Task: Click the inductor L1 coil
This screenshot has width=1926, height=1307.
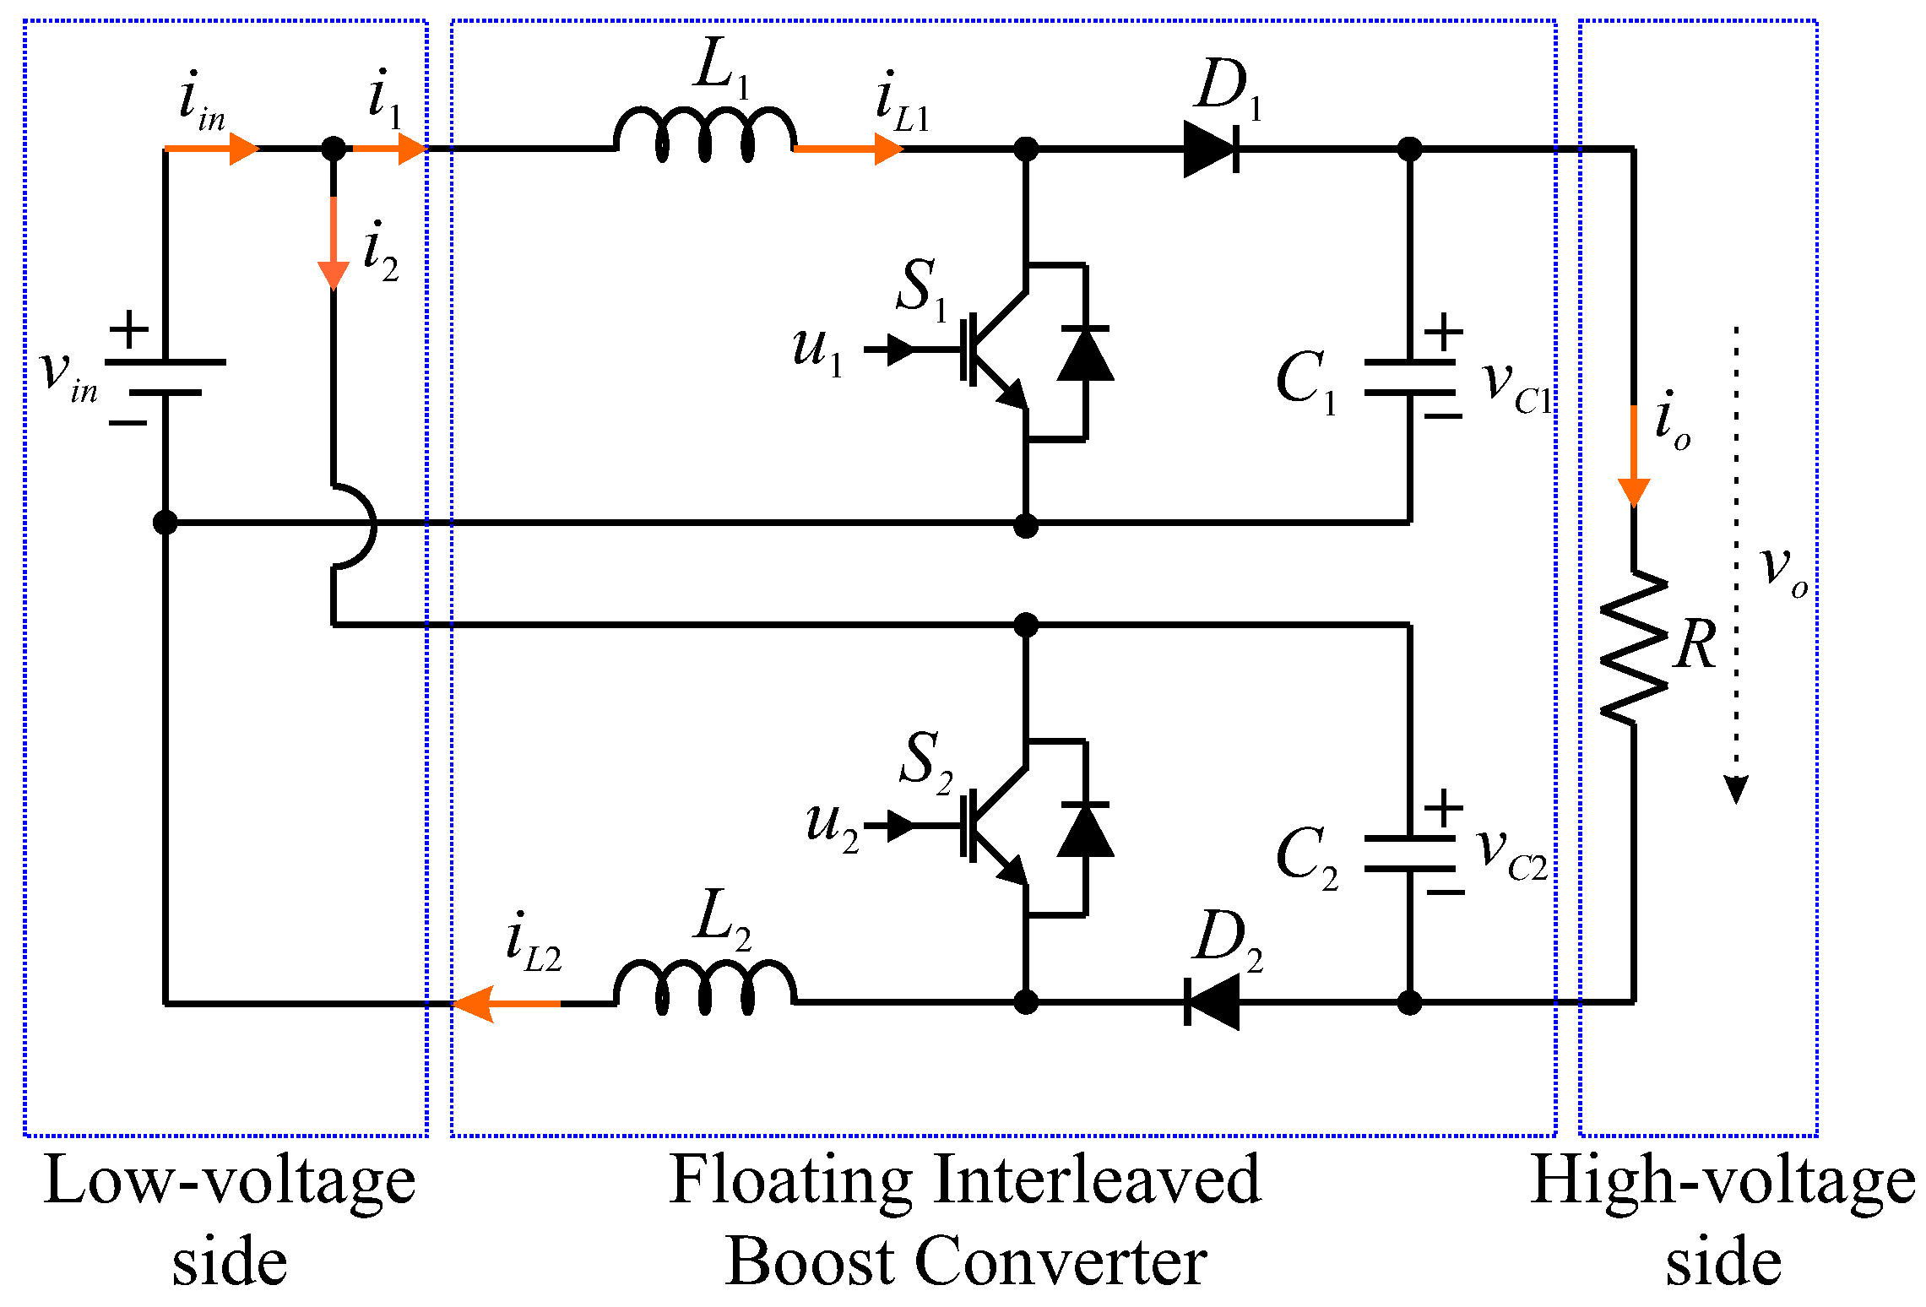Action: coord(705,133)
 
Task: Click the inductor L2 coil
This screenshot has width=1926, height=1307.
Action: coord(705,986)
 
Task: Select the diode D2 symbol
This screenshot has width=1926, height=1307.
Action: coord(1213,1002)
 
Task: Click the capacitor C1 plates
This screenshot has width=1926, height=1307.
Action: coord(1409,377)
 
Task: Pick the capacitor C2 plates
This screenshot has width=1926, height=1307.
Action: coord(1409,854)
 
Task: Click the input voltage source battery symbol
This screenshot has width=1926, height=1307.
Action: coord(165,377)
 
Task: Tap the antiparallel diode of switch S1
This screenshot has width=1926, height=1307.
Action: coord(1085,353)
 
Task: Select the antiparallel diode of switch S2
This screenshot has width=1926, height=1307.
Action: coord(1085,829)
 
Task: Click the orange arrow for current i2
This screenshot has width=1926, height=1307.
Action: coord(334,243)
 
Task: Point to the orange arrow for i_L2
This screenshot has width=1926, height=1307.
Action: coord(506,1003)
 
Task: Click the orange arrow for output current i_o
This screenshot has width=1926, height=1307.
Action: coord(1634,456)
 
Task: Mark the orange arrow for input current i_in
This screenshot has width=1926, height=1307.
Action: coord(212,149)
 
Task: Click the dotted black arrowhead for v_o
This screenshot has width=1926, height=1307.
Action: coord(1736,790)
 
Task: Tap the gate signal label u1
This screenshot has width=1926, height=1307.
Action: coord(817,350)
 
